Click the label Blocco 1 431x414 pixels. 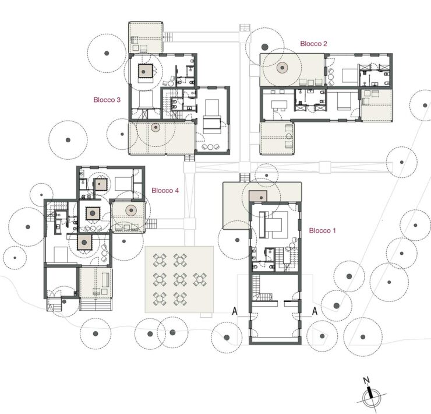323,230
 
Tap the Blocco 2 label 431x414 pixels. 313,44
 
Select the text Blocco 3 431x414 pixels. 107,100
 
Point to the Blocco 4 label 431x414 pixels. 165,190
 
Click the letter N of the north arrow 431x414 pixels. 366,380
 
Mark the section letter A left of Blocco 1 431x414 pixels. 235,311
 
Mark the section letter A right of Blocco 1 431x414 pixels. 315,311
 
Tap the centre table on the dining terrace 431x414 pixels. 180,279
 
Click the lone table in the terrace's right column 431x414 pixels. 200,279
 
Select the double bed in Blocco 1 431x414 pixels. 274,224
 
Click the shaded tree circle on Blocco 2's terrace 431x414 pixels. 282,68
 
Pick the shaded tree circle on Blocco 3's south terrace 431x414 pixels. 156,128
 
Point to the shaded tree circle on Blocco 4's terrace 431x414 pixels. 131,210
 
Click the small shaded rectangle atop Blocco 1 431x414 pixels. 258,196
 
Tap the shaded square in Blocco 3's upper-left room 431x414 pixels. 145,71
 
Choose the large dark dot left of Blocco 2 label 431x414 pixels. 264,47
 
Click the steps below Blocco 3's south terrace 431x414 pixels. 189,158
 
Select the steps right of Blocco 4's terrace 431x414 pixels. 151,223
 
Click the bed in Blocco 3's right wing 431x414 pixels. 212,117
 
